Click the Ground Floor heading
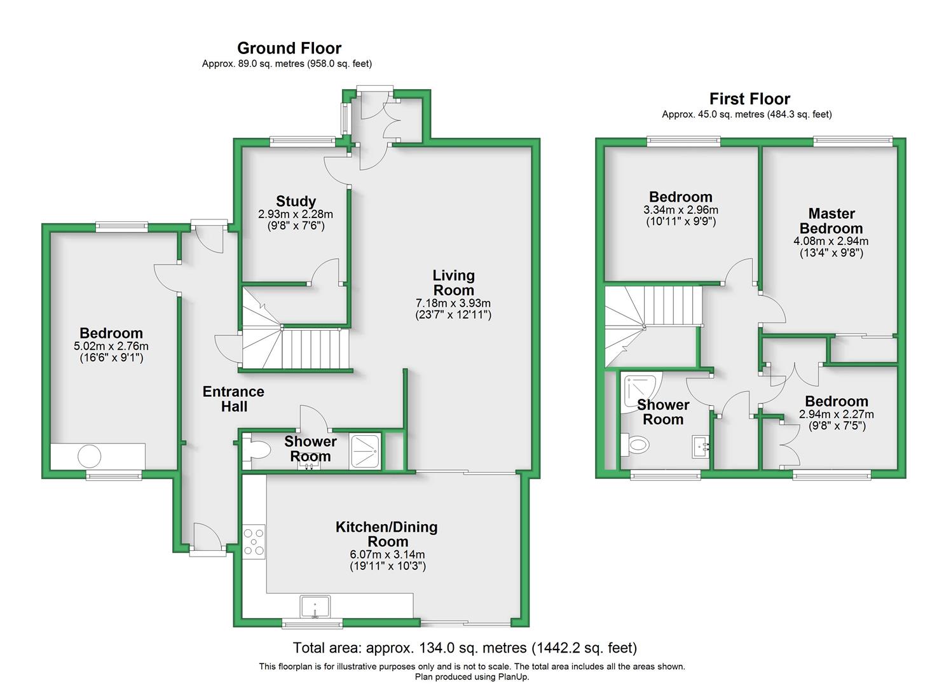click(289, 48)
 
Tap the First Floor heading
click(749, 99)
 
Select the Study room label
click(296, 201)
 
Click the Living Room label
click(453, 282)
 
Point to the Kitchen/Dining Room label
click(386, 534)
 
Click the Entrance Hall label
click(233, 399)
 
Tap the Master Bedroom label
click(831, 221)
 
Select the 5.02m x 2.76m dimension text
click(111, 346)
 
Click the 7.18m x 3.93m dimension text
click(453, 303)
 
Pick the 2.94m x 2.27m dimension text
click(837, 414)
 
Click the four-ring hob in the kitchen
click(254, 541)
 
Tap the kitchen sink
click(315, 607)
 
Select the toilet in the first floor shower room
click(635, 445)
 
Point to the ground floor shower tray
click(365, 451)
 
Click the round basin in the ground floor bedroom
click(90, 456)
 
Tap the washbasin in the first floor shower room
click(701, 447)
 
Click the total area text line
click(465, 648)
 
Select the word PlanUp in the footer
click(514, 677)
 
